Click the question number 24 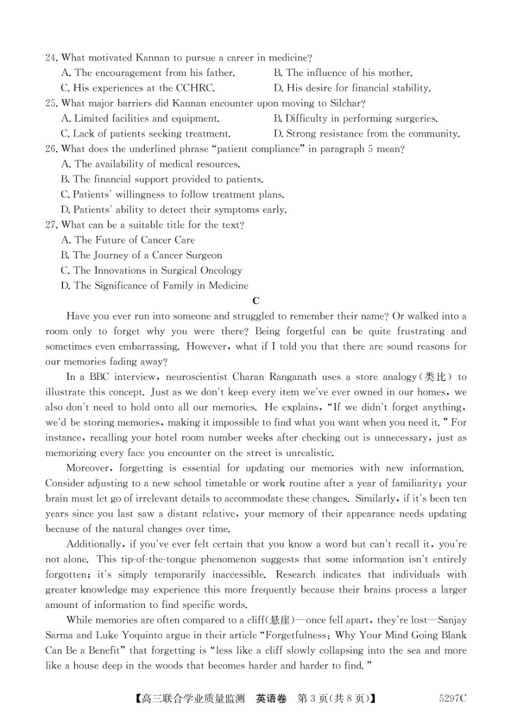pos(52,58)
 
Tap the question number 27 pos(52,225)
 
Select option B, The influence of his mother pos(343,73)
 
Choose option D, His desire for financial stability pos(352,88)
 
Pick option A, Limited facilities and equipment pos(140,118)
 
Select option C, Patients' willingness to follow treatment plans pos(173,194)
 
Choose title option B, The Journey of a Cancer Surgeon pos(141,255)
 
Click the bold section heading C pos(256,301)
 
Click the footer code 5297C pos(452,698)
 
